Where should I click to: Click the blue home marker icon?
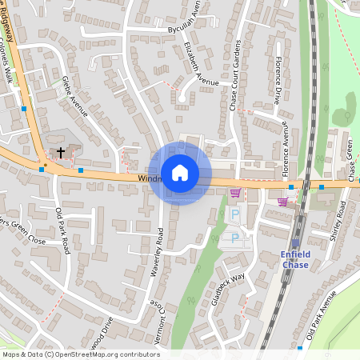tap(180, 173)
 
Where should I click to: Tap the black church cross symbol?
tap(60, 151)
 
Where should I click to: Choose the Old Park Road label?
tap(63, 231)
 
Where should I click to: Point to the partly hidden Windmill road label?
tap(149, 178)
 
